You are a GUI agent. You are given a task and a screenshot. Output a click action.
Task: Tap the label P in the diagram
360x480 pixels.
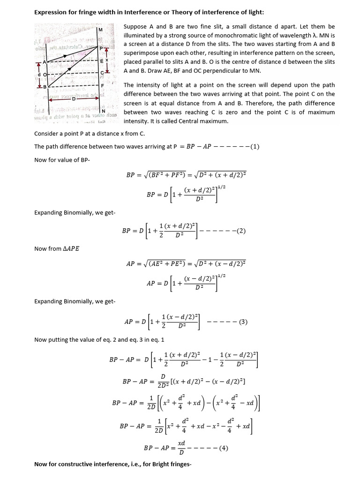point(100,48)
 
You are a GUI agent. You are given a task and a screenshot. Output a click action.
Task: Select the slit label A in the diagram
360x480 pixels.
point(45,62)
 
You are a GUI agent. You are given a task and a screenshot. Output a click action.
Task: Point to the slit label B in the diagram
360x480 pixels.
point(45,87)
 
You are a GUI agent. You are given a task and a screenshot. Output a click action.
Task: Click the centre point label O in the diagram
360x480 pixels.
point(45,74)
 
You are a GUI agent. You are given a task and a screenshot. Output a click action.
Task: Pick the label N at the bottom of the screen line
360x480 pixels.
point(103,111)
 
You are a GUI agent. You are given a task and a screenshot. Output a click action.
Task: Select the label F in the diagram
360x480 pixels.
point(102,86)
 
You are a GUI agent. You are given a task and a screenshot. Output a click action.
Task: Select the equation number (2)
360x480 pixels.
point(241,231)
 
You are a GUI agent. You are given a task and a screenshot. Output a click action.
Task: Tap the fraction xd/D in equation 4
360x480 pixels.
point(181,448)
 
